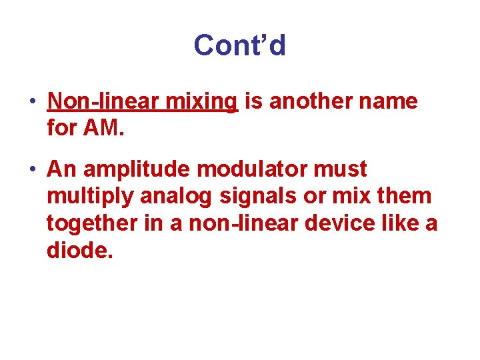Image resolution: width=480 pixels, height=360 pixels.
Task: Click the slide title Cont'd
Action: (239, 45)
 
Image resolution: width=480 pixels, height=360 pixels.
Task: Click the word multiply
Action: (91, 197)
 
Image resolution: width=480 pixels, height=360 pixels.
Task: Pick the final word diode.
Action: (76, 250)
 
